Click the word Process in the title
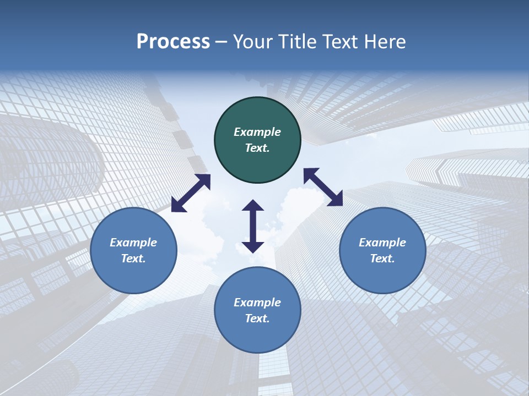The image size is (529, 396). point(173,41)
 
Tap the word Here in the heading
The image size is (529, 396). point(385,41)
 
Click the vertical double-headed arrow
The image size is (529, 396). point(253,226)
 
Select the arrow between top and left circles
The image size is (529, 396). point(191,193)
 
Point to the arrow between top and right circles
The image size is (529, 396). point(323,187)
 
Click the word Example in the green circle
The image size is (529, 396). point(257,132)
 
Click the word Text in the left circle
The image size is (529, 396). point(133,258)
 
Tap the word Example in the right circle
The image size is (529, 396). point(382,243)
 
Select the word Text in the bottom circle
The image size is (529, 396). point(257,318)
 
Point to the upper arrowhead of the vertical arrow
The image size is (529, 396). point(253,206)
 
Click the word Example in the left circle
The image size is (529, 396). point(133,243)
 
